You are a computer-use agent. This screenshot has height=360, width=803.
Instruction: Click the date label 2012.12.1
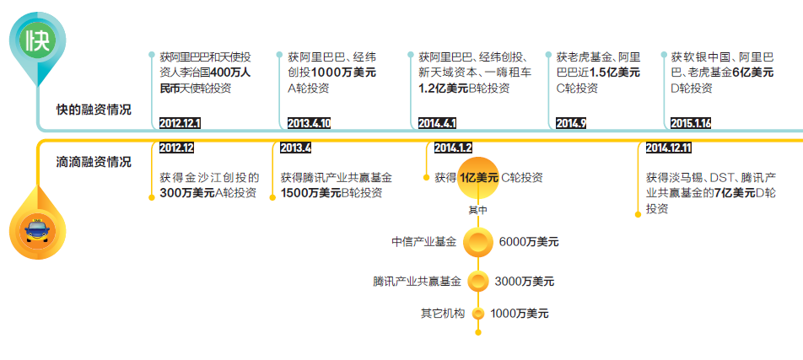pyautogui.click(x=180, y=123)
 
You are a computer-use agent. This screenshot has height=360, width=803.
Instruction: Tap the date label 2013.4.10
pyautogui.click(x=309, y=123)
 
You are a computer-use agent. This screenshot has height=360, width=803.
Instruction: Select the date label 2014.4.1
pyautogui.click(x=437, y=123)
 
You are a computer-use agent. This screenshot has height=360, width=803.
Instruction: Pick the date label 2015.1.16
pyautogui.click(x=691, y=123)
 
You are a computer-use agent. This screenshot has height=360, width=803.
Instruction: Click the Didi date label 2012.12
pyautogui.click(x=176, y=148)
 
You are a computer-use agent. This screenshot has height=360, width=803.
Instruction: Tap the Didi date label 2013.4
pyautogui.click(x=295, y=148)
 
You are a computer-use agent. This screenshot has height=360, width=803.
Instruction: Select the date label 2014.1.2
pyautogui.click(x=453, y=148)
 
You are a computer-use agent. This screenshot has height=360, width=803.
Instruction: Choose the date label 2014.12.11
pyautogui.click(x=668, y=148)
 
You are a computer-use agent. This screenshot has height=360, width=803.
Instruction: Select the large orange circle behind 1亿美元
pyautogui.click(x=478, y=177)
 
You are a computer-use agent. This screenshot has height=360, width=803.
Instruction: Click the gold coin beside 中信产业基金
pyautogui.click(x=478, y=243)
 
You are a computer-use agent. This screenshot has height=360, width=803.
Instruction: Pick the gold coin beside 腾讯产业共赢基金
pyautogui.click(x=478, y=281)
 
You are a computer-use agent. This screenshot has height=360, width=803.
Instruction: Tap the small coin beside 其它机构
pyautogui.click(x=478, y=314)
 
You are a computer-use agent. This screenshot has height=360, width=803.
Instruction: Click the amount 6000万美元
pyautogui.click(x=529, y=243)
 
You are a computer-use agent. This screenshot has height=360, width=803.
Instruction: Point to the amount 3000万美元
pyautogui.click(x=525, y=281)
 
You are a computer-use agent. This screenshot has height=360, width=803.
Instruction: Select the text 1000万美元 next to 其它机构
pyautogui.click(x=520, y=314)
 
